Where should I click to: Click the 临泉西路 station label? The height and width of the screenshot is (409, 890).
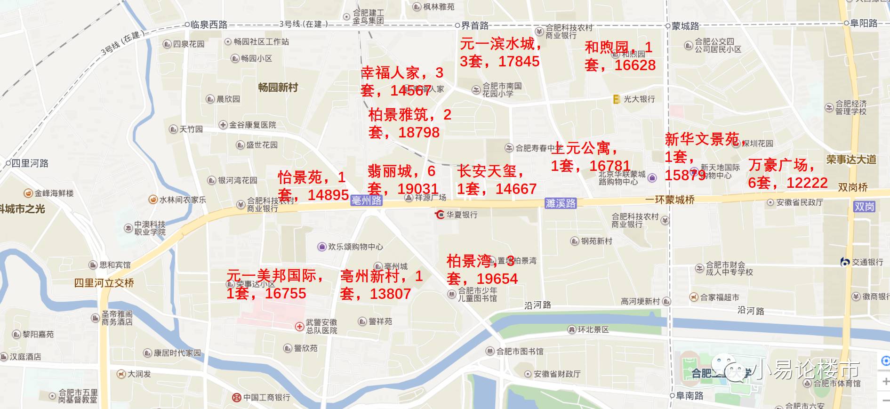(209, 24)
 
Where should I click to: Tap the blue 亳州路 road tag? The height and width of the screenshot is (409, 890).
(366, 200)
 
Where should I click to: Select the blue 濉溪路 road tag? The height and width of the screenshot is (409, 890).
(561, 203)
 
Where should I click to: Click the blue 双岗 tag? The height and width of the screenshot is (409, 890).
(864, 207)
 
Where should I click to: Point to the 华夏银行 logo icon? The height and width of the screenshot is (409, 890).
(440, 215)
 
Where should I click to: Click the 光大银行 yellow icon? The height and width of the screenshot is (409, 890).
(616, 99)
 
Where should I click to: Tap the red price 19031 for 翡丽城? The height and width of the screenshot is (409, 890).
(418, 189)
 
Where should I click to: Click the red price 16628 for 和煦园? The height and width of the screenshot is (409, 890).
(635, 65)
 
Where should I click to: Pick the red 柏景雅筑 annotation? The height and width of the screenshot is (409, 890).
(398, 114)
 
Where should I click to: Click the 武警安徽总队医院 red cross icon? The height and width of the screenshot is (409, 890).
(299, 326)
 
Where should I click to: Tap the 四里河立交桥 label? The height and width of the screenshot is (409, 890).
(104, 283)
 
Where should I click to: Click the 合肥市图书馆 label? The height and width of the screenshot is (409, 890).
(520, 351)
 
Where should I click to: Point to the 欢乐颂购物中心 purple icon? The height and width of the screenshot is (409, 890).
(322, 247)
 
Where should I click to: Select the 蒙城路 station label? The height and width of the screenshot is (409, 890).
(685, 26)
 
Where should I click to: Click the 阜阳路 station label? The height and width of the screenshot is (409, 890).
(864, 23)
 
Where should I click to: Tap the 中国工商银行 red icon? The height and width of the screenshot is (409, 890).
(237, 398)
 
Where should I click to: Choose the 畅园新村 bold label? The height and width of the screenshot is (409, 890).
(278, 87)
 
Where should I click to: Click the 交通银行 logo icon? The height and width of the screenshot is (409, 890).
(845, 262)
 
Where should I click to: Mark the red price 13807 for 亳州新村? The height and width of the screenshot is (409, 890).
(390, 294)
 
